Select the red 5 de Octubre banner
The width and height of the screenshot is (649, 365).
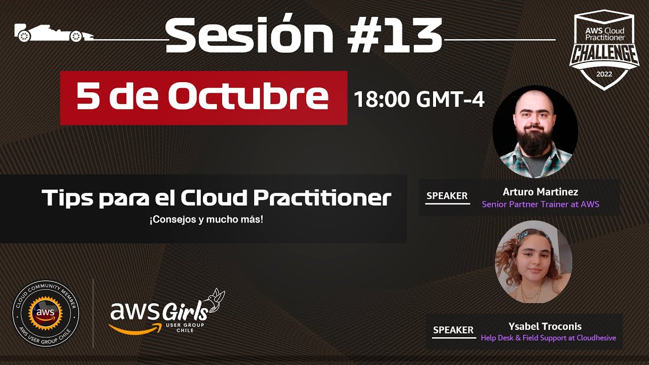tap(203, 98)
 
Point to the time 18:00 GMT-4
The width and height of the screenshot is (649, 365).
tap(419, 99)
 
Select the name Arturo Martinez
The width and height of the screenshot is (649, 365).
tap(540, 192)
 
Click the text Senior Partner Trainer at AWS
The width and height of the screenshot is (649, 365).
tap(540, 204)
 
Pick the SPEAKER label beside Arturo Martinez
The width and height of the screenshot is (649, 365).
tap(447, 196)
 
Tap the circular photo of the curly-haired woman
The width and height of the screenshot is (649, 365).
tap(533, 262)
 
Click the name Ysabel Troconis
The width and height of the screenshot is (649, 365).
tap(545, 326)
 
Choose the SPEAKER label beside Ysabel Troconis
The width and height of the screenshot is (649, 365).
tap(453, 330)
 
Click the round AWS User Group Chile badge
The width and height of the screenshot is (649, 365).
tap(46, 314)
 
